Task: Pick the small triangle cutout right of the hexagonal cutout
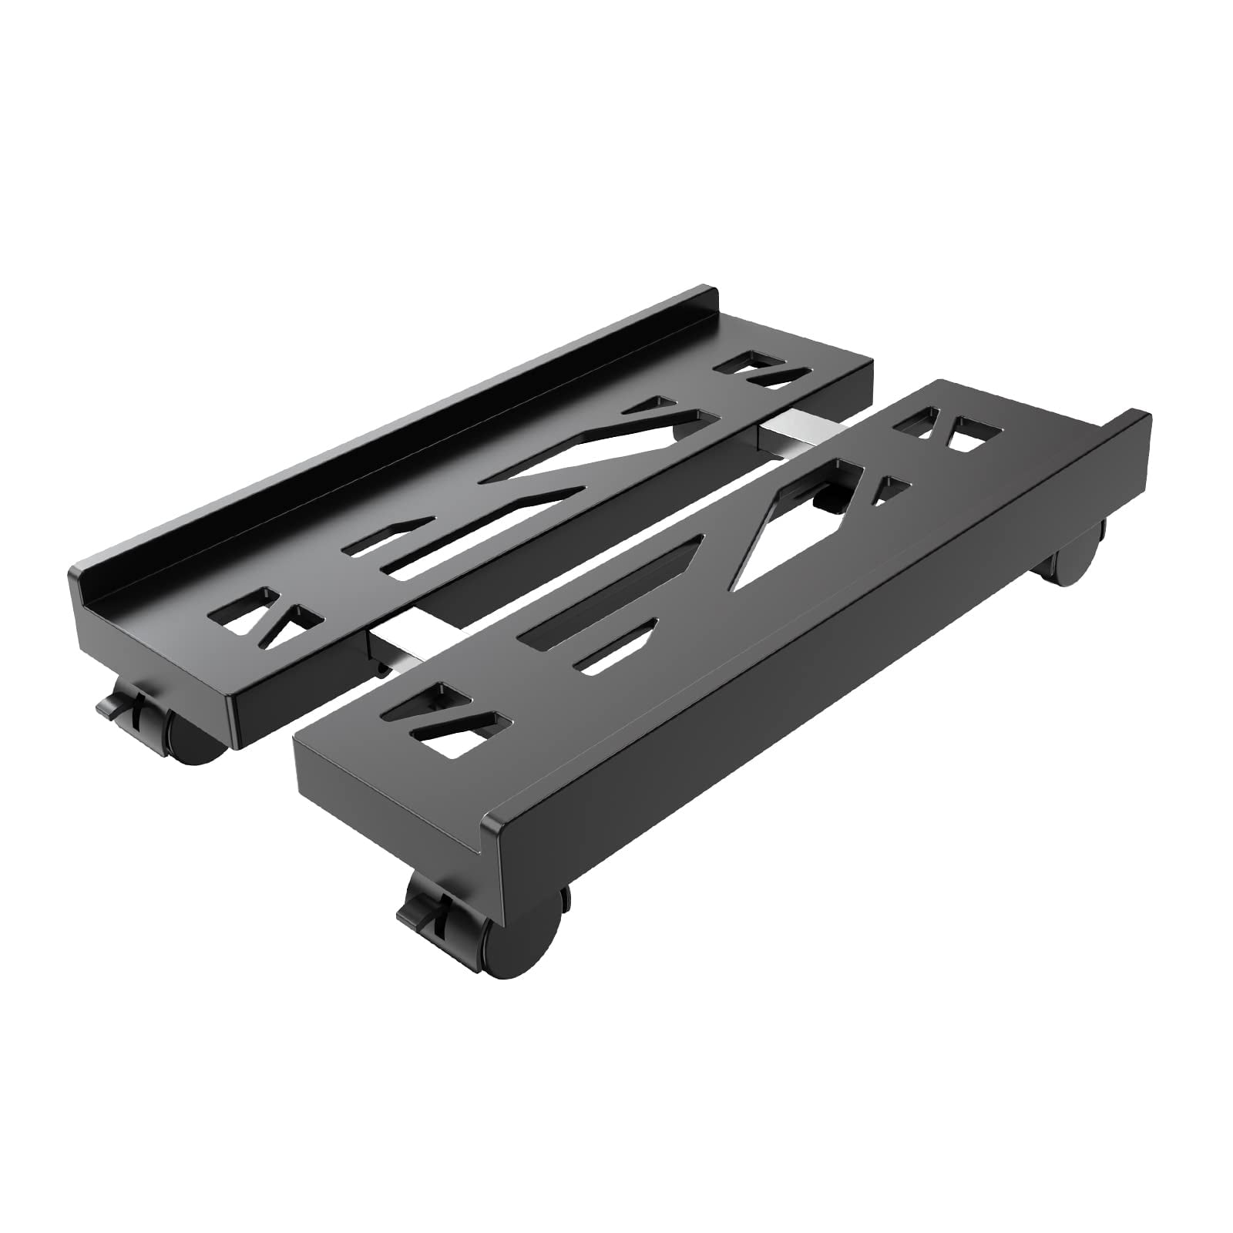pyautogui.click(x=890, y=489)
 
